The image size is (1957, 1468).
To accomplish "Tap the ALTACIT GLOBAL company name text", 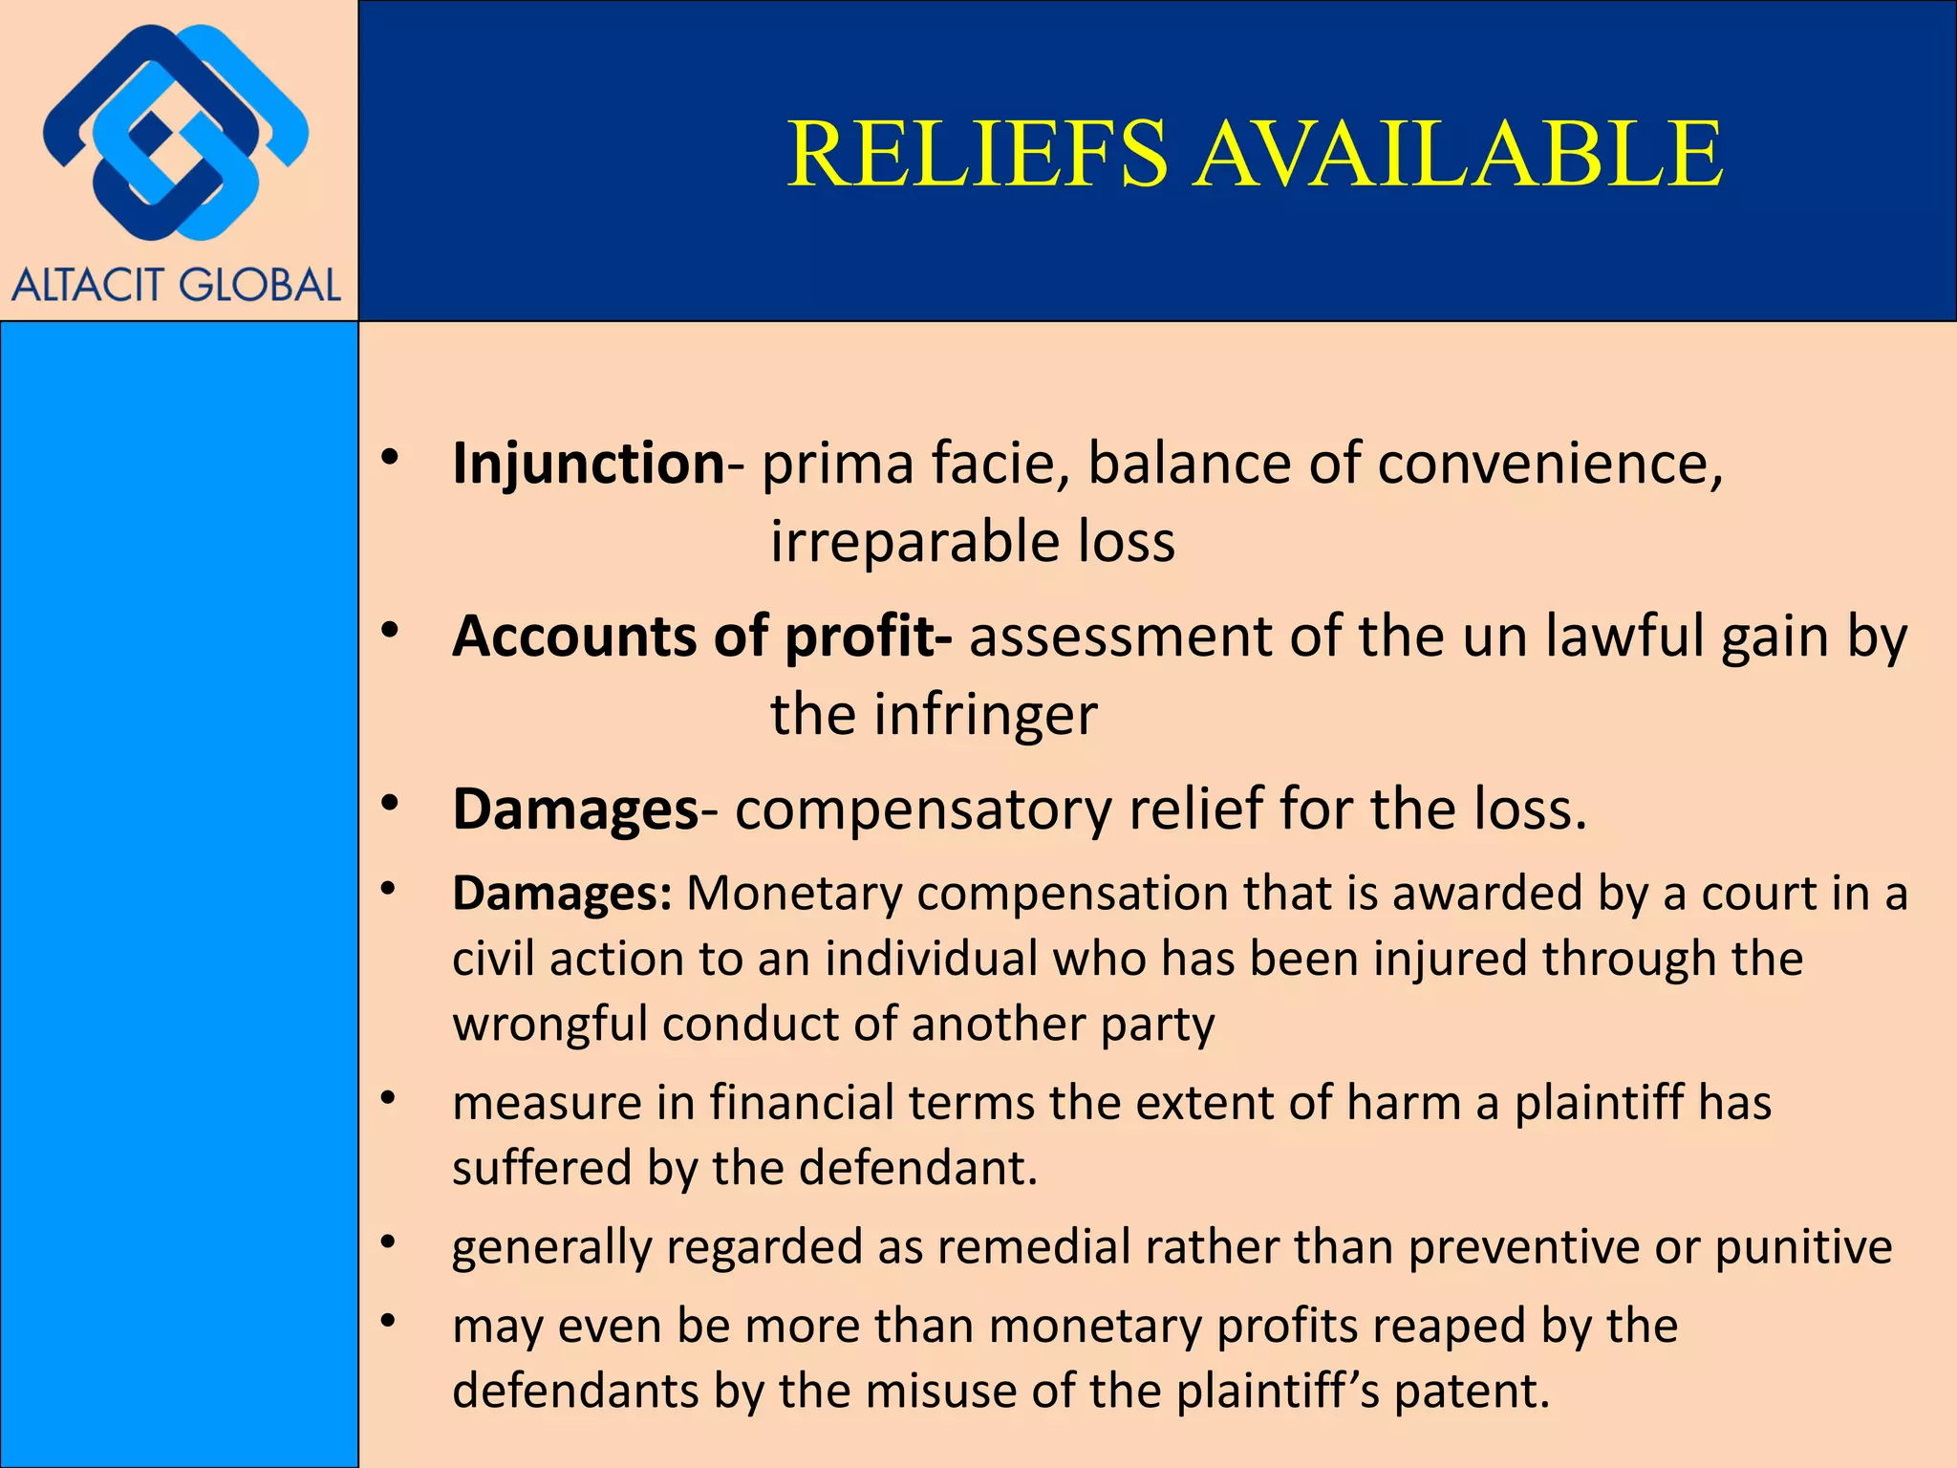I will [177, 286].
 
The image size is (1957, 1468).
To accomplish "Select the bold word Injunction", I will [589, 464].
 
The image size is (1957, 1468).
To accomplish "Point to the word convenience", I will [1550, 464].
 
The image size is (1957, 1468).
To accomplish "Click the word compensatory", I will [923, 810].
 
